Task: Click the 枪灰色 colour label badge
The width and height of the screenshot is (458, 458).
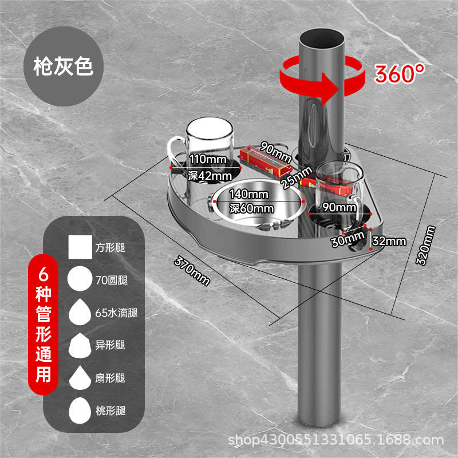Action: click(63, 67)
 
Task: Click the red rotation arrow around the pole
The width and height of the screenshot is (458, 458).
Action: click(321, 80)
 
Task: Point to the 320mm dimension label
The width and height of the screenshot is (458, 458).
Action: click(424, 245)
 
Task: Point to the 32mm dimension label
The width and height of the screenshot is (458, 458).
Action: click(388, 241)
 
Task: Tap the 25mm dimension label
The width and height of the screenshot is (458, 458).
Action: click(297, 176)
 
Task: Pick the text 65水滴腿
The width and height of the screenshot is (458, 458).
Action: click(116, 313)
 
